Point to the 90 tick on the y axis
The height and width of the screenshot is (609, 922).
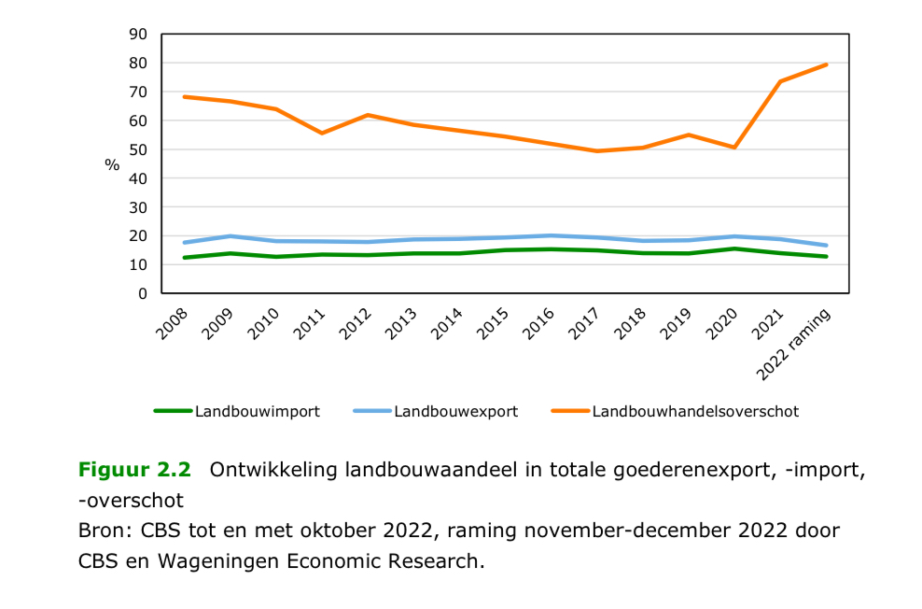click(139, 35)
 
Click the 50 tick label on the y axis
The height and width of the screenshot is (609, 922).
click(139, 149)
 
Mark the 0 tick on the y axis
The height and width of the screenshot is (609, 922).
click(143, 293)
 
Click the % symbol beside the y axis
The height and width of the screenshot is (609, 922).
click(112, 164)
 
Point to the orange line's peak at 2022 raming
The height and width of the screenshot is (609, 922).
click(826, 64)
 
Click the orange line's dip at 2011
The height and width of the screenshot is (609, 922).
click(322, 134)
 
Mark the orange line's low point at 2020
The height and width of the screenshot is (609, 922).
click(734, 148)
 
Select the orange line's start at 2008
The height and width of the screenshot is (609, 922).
click(185, 96)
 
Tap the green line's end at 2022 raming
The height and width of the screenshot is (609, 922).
click(826, 257)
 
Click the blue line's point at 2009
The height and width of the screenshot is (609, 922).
click(230, 236)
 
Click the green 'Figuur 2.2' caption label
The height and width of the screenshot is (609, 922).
click(135, 470)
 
